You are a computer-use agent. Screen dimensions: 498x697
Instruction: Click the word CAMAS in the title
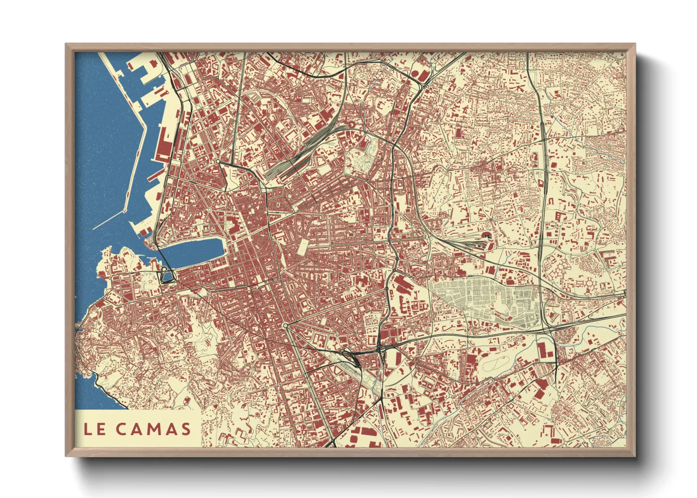(154, 429)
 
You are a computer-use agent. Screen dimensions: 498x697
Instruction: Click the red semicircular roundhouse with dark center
(486, 237)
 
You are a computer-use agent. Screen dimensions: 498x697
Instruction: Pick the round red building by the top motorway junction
(416, 73)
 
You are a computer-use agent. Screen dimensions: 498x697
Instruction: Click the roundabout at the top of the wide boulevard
(285, 326)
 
